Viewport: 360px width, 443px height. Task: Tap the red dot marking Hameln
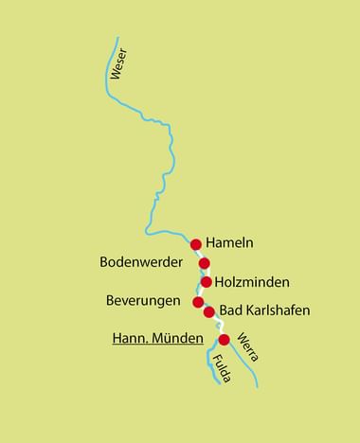196,244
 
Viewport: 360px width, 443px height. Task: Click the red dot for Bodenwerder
204,263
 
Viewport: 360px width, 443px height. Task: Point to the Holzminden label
252,282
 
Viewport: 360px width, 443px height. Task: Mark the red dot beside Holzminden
207,281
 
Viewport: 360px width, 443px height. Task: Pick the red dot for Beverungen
198,302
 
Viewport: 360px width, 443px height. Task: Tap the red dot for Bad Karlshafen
209,311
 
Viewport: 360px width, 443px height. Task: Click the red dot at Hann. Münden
224,339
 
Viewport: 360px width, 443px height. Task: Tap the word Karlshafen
278,310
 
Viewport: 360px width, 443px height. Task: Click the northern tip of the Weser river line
117,38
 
